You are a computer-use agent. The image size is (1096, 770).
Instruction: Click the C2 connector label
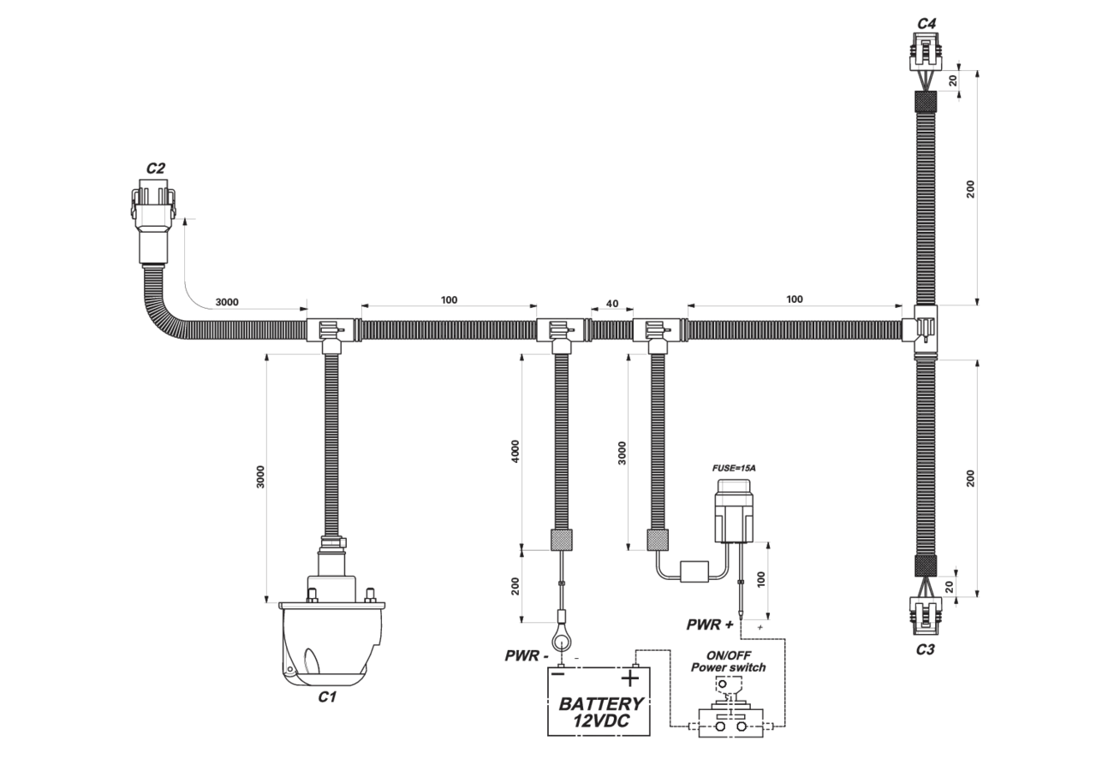pyautogui.click(x=156, y=169)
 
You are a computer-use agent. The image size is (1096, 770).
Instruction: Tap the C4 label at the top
pyautogui.click(x=926, y=23)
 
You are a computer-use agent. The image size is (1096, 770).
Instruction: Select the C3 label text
pyautogui.click(x=926, y=649)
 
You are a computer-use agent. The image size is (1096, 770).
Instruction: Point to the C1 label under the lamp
pyautogui.click(x=327, y=696)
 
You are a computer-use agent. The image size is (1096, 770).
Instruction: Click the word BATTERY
pyautogui.click(x=601, y=704)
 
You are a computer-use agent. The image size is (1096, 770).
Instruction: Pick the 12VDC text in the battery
pyautogui.click(x=601, y=720)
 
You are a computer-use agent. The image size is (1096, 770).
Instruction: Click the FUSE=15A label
pyautogui.click(x=734, y=468)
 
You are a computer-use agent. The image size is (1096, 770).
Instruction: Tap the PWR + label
pyautogui.click(x=710, y=625)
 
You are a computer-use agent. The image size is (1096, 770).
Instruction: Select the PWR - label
pyautogui.click(x=527, y=655)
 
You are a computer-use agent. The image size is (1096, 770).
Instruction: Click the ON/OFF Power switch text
pyautogui.click(x=728, y=661)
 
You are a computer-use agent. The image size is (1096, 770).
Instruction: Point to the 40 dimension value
pyautogui.click(x=612, y=304)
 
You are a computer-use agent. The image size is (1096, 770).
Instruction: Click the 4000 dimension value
pyautogui.click(x=515, y=451)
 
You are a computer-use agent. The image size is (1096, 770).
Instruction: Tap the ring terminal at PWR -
pyautogui.click(x=561, y=638)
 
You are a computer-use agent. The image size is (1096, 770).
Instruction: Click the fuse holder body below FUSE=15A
pyautogui.click(x=734, y=511)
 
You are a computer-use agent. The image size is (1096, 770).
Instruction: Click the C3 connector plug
pyautogui.click(x=926, y=615)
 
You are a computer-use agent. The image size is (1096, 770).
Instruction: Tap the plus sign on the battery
pyautogui.click(x=629, y=678)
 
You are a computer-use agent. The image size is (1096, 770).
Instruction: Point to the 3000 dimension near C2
pyautogui.click(x=227, y=302)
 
